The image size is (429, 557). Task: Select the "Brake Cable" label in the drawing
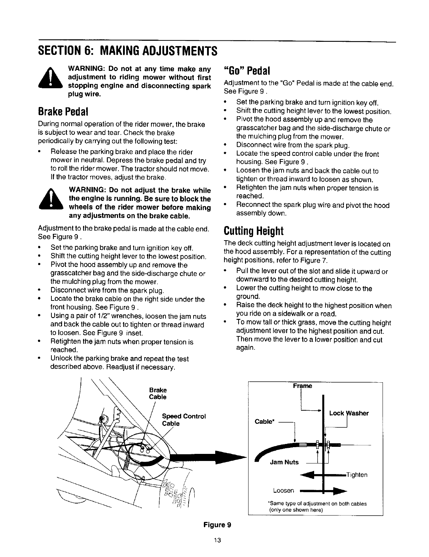click(158, 393)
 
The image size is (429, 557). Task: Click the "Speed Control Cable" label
click(184, 420)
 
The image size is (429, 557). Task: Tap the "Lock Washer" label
click(349, 413)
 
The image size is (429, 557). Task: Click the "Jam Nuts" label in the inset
click(284, 462)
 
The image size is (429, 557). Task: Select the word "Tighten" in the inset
click(356, 475)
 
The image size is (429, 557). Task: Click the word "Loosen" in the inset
click(284, 491)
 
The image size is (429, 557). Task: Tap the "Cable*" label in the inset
click(263, 421)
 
